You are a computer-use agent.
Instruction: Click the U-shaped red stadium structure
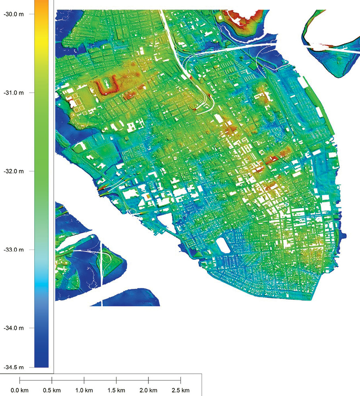click(107, 87)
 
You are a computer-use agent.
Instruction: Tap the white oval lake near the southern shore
click(224, 245)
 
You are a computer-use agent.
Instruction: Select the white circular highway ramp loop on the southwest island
click(107, 260)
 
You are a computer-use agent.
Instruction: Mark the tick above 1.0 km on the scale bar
click(84, 380)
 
